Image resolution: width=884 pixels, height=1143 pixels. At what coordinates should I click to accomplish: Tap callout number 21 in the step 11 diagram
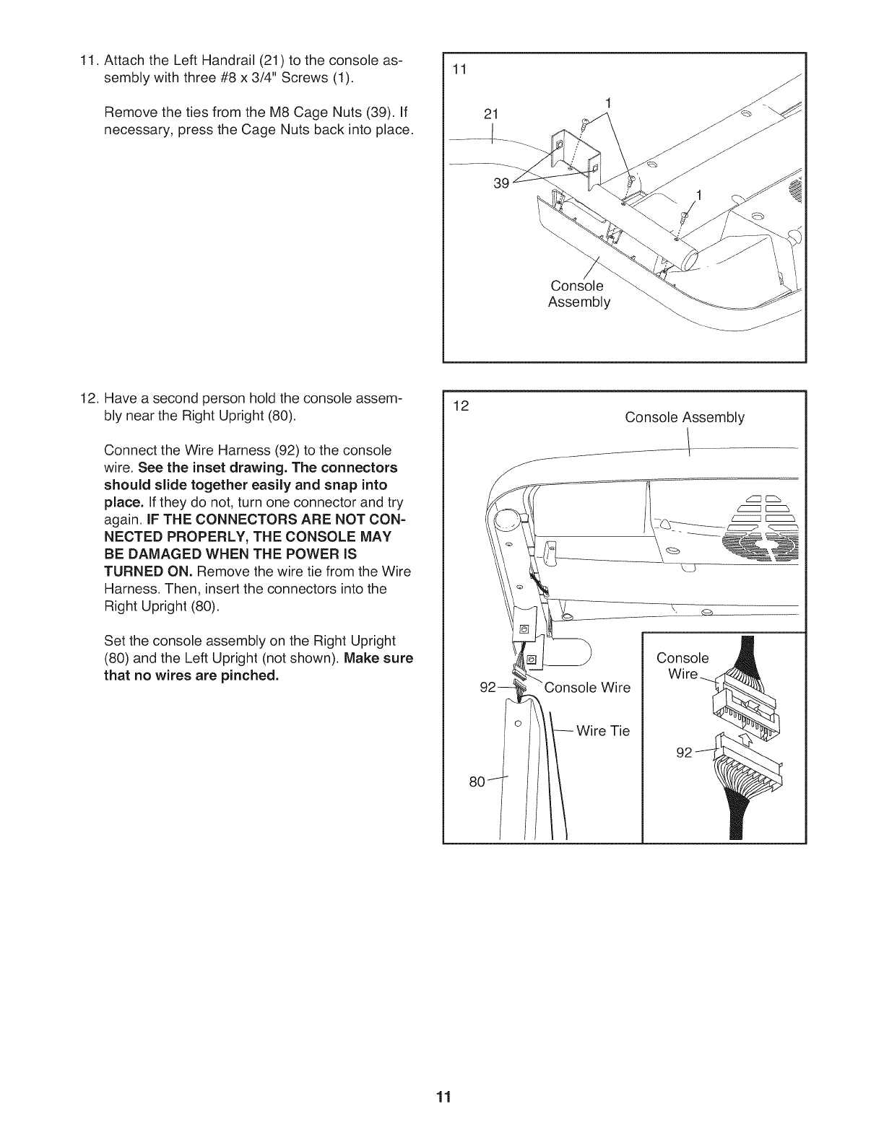click(x=491, y=114)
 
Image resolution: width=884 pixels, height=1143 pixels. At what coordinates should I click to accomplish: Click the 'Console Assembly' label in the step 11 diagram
click(x=578, y=294)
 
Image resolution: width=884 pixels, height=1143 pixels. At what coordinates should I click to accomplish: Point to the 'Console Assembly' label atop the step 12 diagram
click(x=684, y=417)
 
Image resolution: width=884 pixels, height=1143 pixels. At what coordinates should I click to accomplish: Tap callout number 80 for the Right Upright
click(x=477, y=781)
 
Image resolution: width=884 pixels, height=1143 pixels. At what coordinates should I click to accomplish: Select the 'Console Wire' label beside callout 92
click(x=587, y=687)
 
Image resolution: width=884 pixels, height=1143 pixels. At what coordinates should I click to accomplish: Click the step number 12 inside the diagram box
click(x=460, y=406)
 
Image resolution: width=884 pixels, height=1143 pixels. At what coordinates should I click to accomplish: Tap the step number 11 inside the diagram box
click(x=459, y=70)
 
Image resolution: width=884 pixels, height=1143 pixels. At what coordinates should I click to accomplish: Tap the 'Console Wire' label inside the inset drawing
click(x=682, y=666)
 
